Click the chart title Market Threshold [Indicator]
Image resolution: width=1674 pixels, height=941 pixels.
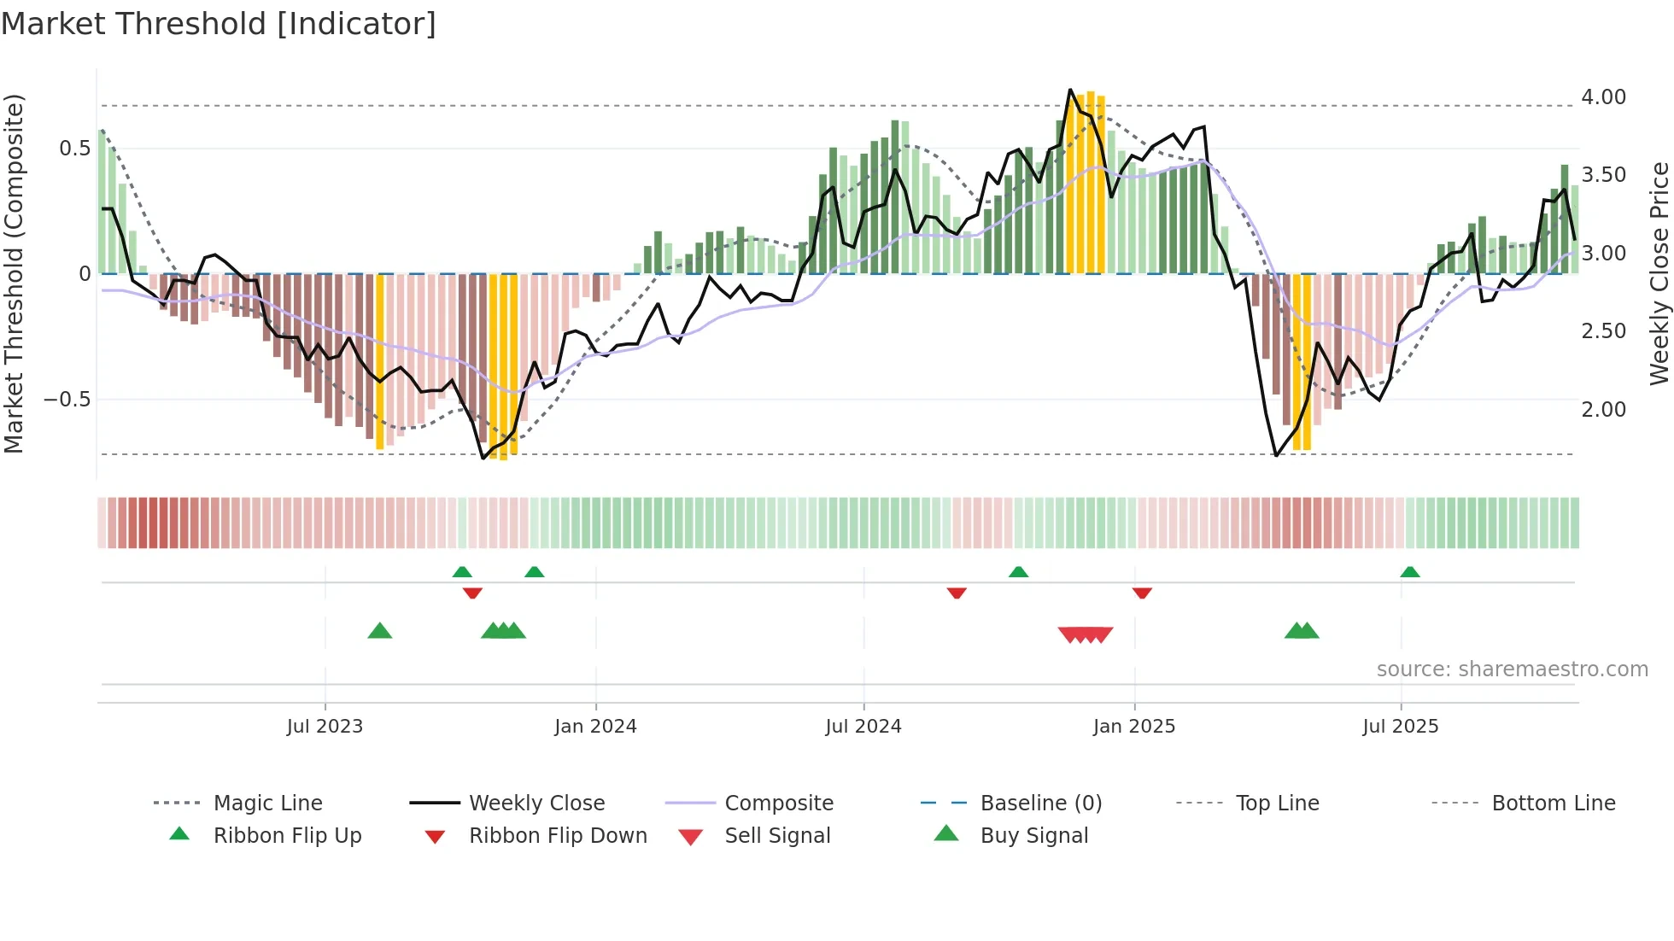pos(219,24)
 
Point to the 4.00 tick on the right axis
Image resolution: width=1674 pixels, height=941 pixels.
pos(1603,97)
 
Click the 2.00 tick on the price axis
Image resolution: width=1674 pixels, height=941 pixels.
pos(1603,410)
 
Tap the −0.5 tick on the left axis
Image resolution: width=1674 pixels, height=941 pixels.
pos(67,400)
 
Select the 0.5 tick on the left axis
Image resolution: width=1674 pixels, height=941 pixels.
pos(74,149)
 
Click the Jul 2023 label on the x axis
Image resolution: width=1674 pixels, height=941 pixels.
pos(325,727)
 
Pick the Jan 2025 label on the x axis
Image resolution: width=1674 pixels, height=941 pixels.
pos(1133,727)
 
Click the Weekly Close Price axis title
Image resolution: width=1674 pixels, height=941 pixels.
pos(1659,273)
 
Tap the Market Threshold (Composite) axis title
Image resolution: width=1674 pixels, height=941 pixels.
pos(14,273)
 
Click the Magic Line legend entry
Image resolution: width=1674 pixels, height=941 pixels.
pos(267,804)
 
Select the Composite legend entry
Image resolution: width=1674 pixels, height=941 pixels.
pos(778,804)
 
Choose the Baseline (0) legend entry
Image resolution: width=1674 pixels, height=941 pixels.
pos(1040,804)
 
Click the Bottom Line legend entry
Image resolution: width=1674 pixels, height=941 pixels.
pos(1553,804)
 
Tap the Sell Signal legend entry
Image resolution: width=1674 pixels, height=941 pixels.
pos(776,836)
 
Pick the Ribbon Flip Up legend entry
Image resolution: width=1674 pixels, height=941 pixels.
pos(287,836)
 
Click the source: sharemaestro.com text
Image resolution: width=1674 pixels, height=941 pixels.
pos(1512,669)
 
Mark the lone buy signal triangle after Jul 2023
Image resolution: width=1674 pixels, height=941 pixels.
pos(379,631)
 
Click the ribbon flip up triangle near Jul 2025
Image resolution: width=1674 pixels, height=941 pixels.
pos(1409,572)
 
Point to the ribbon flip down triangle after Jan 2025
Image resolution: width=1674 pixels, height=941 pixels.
pos(1142,593)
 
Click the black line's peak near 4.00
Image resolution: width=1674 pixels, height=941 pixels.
pos(1070,90)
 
